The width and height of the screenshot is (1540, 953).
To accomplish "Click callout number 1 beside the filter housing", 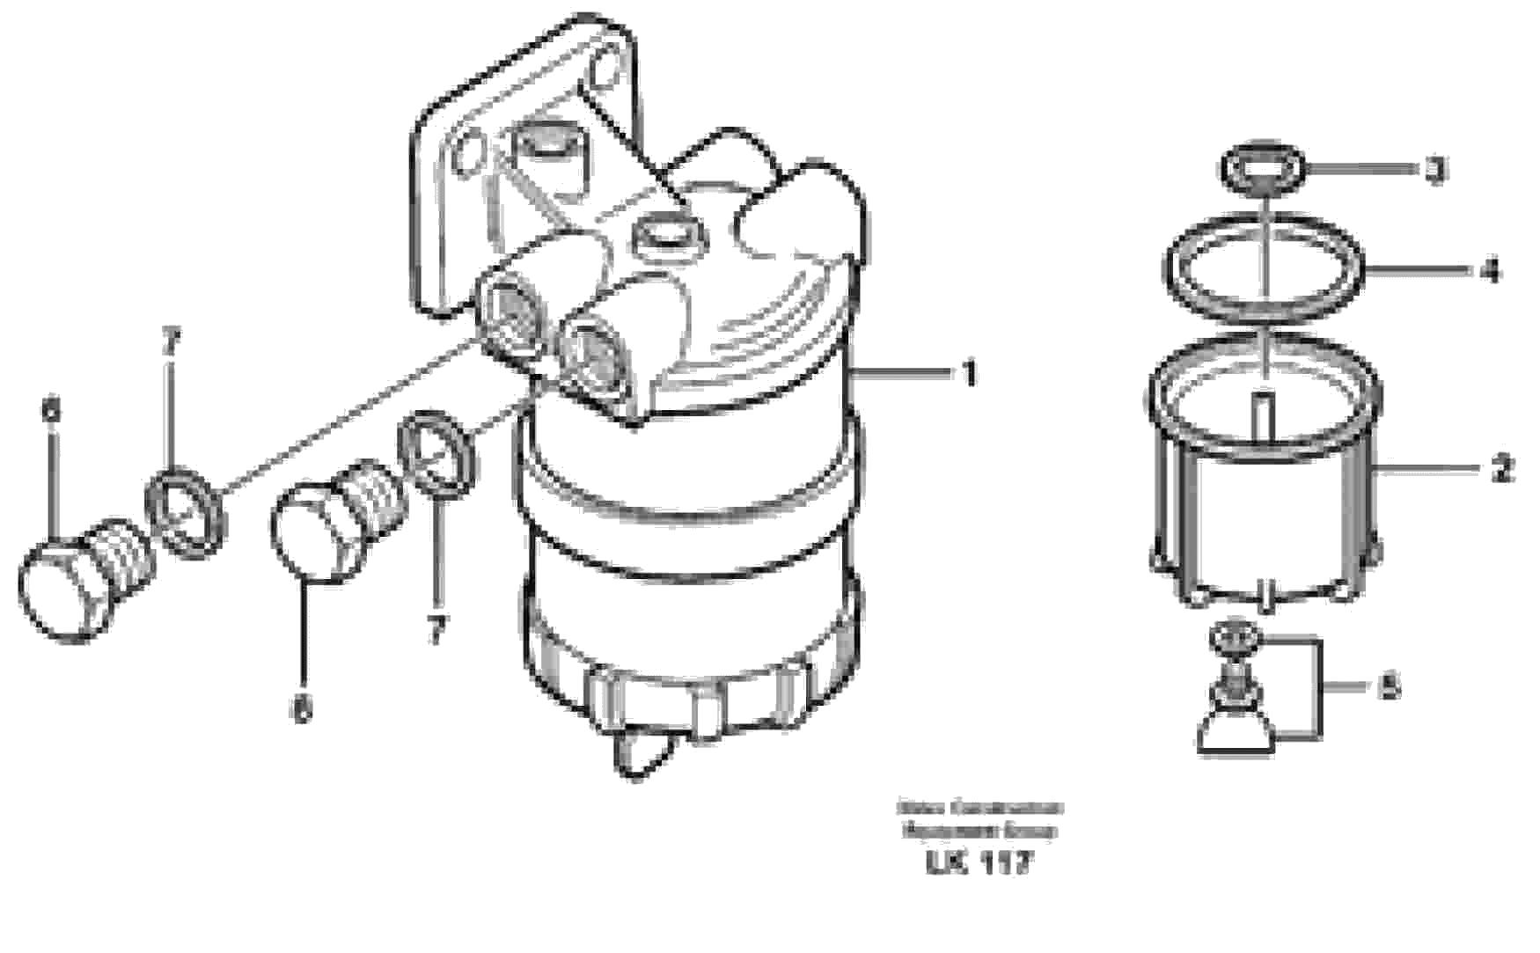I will point(968,374).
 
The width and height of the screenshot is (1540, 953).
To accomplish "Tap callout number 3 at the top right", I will point(1435,169).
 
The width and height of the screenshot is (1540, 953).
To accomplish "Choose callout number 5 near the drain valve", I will point(1389,686).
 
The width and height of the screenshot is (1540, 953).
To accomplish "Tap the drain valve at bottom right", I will point(1235,695).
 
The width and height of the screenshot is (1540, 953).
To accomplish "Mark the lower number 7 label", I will point(436,630).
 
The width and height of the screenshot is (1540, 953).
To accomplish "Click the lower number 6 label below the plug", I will point(302,709).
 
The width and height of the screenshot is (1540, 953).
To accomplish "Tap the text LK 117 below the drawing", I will point(978,863).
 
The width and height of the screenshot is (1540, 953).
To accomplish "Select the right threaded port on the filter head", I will point(587,347).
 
